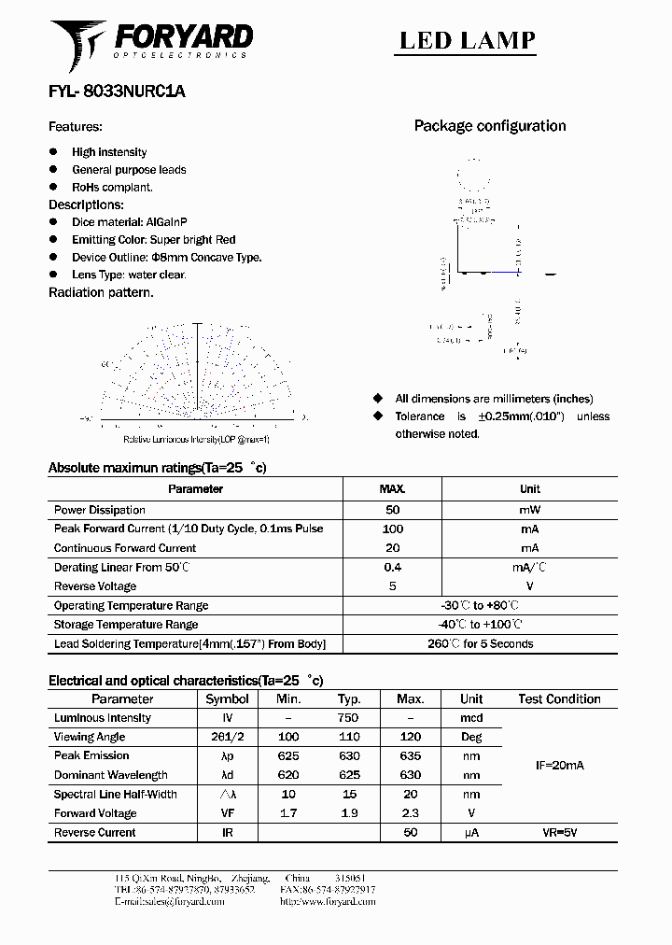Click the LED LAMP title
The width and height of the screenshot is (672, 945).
(x=468, y=40)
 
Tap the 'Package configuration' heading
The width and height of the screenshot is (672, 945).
(x=490, y=126)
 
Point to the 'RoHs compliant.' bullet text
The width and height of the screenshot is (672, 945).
(x=112, y=187)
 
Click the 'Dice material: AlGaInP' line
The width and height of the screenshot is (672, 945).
(x=130, y=222)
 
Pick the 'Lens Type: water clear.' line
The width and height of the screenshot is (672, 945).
(x=129, y=275)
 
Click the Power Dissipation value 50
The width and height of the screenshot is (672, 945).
(x=392, y=510)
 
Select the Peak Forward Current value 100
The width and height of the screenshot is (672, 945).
(x=392, y=529)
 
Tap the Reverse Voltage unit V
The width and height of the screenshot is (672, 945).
(x=529, y=586)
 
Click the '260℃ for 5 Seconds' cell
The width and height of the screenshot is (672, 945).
(x=481, y=643)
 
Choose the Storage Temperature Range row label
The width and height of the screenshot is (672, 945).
(x=126, y=625)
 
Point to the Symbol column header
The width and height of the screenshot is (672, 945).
(x=227, y=698)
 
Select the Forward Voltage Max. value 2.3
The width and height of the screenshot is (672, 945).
(x=410, y=813)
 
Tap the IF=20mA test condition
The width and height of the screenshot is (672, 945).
(x=558, y=766)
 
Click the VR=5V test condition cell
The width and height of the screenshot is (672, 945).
(x=559, y=832)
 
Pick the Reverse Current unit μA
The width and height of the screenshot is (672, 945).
(x=471, y=832)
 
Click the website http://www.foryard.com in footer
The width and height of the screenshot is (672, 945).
(x=328, y=902)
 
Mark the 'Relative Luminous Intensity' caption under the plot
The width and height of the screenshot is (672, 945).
(x=196, y=439)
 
